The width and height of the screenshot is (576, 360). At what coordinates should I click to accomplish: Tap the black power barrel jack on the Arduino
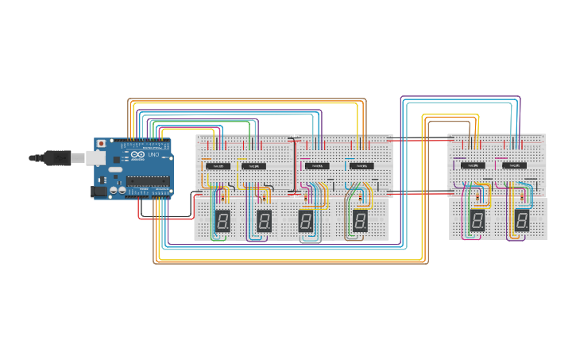pyautogui.click(x=99, y=191)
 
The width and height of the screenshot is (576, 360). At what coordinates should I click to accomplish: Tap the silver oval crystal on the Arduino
pyautogui.click(x=115, y=169)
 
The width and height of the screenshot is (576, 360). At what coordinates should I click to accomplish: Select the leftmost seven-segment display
pyautogui.click(x=222, y=221)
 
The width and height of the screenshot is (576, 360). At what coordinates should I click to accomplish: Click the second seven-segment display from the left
pyautogui.click(x=265, y=221)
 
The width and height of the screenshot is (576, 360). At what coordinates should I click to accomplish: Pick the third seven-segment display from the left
pyautogui.click(x=306, y=221)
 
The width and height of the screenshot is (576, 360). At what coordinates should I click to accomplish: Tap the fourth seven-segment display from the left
pyautogui.click(x=360, y=221)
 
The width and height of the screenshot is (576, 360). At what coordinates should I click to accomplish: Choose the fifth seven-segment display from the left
pyautogui.click(x=477, y=220)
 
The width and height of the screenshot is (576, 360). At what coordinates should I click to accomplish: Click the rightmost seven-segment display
pyautogui.click(x=522, y=220)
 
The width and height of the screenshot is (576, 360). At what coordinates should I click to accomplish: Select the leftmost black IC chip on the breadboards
pyautogui.click(x=218, y=166)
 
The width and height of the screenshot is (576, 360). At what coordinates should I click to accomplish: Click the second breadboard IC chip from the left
pyautogui.click(x=253, y=166)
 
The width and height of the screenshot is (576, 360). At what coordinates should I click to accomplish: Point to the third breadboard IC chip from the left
pyautogui.click(x=317, y=166)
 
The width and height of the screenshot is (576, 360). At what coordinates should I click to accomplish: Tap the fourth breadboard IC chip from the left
pyautogui.click(x=361, y=166)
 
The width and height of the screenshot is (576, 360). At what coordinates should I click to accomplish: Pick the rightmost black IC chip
pyautogui.click(x=514, y=165)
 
